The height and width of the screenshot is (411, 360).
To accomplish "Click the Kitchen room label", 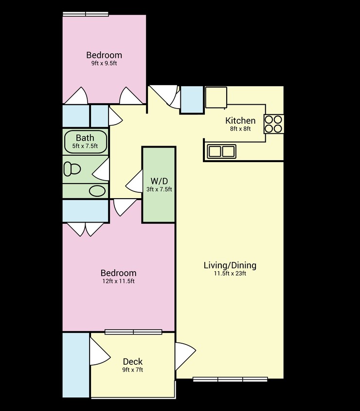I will click(x=240, y=121).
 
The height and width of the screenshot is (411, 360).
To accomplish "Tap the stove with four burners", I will click(x=273, y=124).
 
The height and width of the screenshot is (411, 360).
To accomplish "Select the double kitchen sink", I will click(x=221, y=151).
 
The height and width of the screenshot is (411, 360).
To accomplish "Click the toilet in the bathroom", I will click(x=72, y=168).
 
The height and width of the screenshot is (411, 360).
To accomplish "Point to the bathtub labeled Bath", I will click(x=85, y=141).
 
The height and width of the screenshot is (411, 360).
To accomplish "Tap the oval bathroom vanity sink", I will click(x=98, y=191).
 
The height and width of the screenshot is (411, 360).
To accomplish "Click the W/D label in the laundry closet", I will click(x=159, y=180).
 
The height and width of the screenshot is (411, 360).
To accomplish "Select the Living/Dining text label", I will click(x=230, y=265).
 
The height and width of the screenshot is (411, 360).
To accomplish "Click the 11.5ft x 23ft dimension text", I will click(x=230, y=274).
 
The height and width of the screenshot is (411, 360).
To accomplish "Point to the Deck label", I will click(x=133, y=361).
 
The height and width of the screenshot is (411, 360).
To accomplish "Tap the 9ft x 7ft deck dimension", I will click(x=133, y=370).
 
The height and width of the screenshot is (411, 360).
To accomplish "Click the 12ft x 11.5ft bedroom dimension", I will click(x=118, y=281).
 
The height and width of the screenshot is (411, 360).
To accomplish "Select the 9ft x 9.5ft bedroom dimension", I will click(x=104, y=63).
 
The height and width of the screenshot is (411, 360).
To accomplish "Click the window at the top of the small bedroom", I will click(x=86, y=14).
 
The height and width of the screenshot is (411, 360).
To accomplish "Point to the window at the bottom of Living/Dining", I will click(x=230, y=379).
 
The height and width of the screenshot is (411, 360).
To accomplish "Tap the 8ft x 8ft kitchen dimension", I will click(x=240, y=129).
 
